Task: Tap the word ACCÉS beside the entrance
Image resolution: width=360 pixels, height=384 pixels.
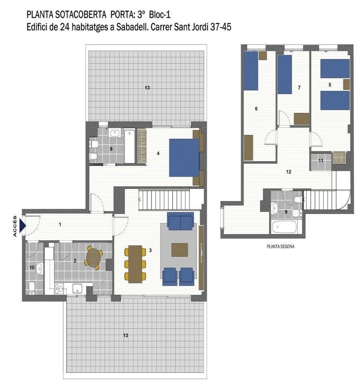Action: pyautogui.click(x=15, y=226)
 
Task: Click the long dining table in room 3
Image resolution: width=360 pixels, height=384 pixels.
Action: pyautogui.click(x=135, y=264)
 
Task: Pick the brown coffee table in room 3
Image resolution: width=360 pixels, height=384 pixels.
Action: pyautogui.click(x=180, y=250)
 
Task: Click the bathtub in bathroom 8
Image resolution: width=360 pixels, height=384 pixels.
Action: pyautogui.click(x=129, y=146)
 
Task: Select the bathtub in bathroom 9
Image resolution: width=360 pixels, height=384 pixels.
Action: pyautogui.click(x=284, y=227)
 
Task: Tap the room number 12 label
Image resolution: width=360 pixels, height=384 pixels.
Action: pyautogui.click(x=289, y=171)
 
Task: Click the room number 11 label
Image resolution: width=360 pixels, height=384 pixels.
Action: pyautogui.click(x=321, y=160)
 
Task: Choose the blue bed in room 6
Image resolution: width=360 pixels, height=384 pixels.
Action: pyautogui.click(x=251, y=71)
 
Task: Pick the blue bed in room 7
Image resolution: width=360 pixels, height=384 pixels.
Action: pyautogui.click(x=284, y=74)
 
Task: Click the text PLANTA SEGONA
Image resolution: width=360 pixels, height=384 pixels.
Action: pyautogui.click(x=280, y=246)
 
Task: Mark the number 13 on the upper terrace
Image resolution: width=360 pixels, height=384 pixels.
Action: pyautogui.click(x=147, y=88)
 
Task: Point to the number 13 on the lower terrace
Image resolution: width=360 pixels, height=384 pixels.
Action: pyautogui.click(x=126, y=335)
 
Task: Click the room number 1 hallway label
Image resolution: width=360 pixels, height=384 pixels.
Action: pyautogui.click(x=60, y=224)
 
